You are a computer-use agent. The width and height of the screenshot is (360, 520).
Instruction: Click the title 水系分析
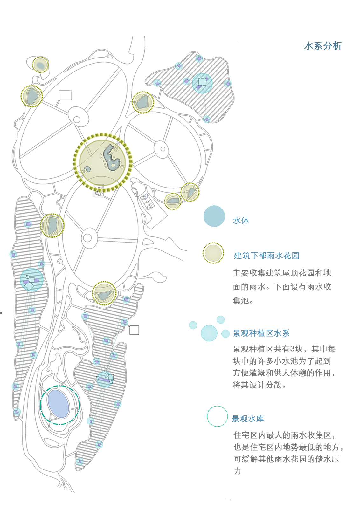[323, 46]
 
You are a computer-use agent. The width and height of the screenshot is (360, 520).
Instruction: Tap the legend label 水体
[241, 221]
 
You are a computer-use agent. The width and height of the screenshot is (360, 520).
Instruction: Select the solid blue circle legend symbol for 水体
[214, 216]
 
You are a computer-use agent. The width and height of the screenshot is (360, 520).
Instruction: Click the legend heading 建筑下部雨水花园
[267, 256]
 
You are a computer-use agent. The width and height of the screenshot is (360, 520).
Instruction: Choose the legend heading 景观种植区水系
[261, 333]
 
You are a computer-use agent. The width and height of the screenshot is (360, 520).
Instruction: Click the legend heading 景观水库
[248, 419]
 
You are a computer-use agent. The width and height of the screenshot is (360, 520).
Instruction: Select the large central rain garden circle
[102, 163]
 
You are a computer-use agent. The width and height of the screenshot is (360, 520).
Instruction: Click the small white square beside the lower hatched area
[134, 330]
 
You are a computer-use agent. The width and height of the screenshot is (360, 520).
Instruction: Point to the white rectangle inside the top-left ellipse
[65, 95]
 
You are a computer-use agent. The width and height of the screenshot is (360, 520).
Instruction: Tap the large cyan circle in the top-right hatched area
[202, 83]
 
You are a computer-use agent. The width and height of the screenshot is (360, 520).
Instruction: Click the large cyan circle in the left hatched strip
[31, 280]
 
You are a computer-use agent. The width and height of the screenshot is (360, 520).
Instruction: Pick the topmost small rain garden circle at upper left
[40, 65]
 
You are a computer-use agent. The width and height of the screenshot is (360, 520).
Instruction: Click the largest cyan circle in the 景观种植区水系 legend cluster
[209, 333]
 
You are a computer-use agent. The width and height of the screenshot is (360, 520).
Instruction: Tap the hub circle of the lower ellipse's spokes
[87, 238]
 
